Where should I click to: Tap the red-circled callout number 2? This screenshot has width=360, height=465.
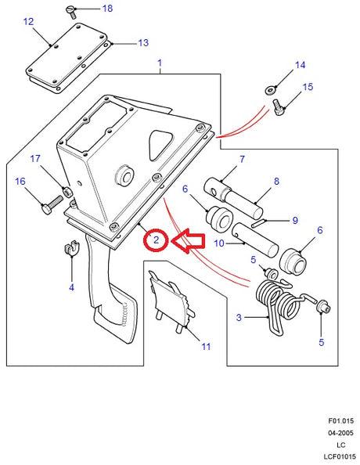156,240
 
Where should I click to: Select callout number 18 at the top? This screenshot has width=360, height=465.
106,9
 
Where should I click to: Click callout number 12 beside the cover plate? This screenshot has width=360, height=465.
28,22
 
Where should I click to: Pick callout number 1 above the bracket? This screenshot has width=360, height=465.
160,62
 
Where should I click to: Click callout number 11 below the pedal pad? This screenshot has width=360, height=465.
206,345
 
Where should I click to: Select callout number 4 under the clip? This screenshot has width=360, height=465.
71,287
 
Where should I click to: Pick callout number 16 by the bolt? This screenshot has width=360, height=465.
20,181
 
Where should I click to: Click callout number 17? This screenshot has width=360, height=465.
34,159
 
